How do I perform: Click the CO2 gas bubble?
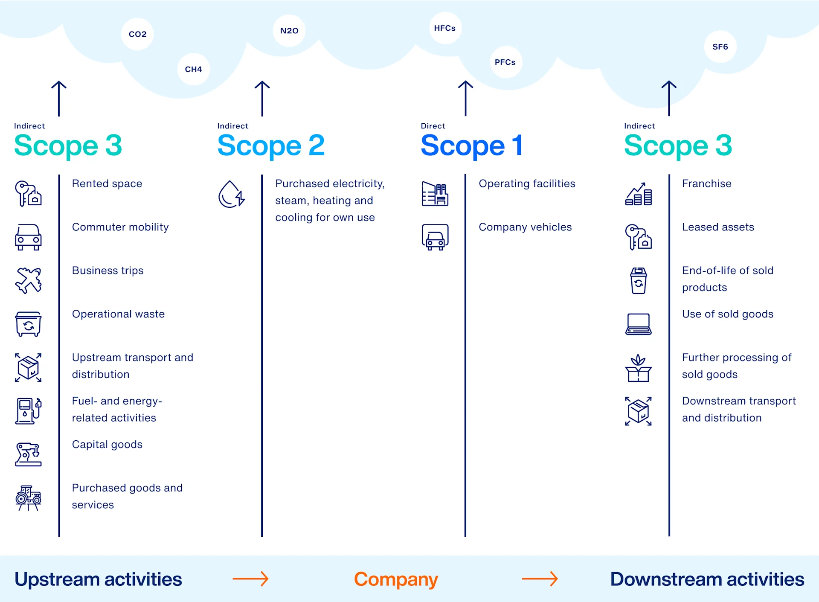pos(137,34)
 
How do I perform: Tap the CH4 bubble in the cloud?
pos(193,69)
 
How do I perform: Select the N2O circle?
pos(289,31)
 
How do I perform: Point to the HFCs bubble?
pos(445,28)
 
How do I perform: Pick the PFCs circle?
pos(505,62)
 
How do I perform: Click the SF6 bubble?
pos(720,47)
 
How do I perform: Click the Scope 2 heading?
pos(271,145)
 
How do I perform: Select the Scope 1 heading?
pos(471,145)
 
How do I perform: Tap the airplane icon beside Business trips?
pos(29,280)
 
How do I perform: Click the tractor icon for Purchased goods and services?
pos(29,497)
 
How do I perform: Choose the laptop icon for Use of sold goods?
pos(638,324)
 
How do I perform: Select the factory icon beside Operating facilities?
pos(435,194)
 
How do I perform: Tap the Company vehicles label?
pos(525,227)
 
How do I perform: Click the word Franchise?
pos(706,183)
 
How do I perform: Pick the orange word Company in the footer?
pos(396,579)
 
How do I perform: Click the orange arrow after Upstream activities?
pos(250,579)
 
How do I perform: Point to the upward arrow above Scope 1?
pos(465,98)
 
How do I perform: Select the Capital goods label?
pos(107,445)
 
